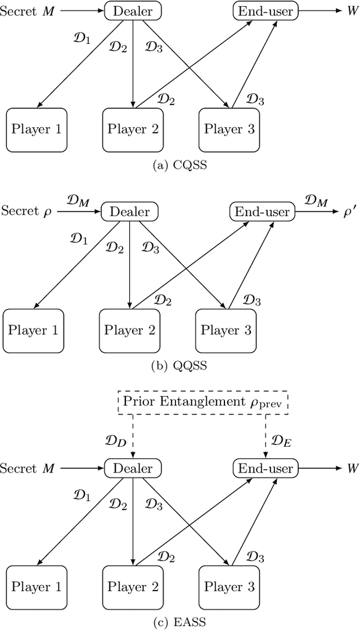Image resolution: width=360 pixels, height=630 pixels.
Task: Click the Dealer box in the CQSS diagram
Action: (x=133, y=10)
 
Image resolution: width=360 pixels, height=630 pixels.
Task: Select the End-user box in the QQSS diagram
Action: (x=262, y=211)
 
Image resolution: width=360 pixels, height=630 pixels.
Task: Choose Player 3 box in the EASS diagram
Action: (x=229, y=587)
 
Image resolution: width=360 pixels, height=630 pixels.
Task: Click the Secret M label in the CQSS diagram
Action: (x=26, y=10)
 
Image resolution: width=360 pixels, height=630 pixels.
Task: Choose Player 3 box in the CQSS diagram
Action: (x=229, y=129)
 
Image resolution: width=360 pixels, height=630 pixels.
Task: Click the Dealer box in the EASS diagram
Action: (x=133, y=468)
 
